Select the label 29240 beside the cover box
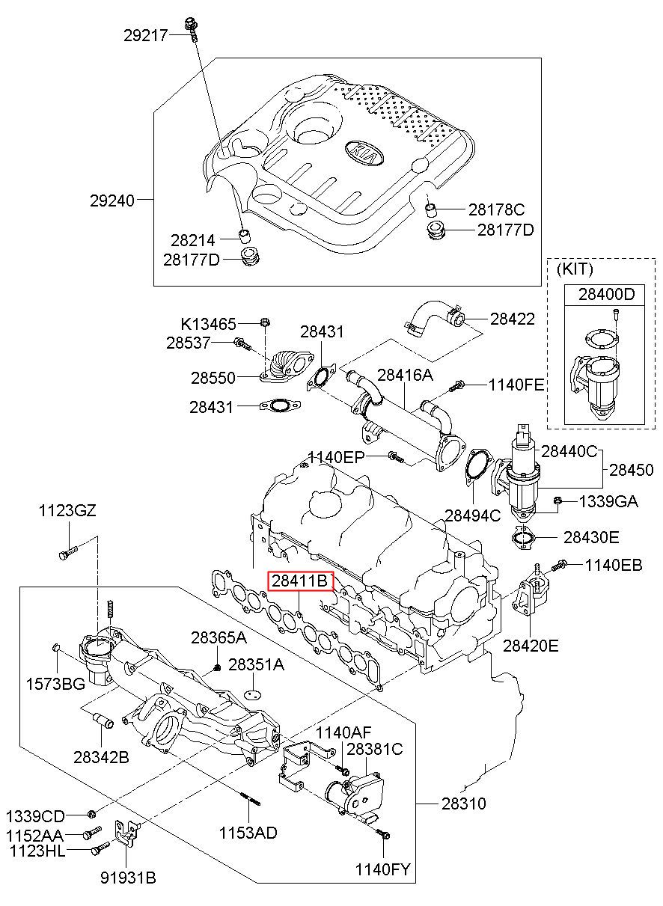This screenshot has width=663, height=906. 112,201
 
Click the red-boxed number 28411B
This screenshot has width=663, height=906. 299,580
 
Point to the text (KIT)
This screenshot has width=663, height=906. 574,269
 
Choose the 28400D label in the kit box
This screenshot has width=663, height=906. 605,295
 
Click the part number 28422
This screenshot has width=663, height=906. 513,319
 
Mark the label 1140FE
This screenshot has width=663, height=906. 516,385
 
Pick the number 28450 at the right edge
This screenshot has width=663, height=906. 631,470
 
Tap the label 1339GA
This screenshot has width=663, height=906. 608,501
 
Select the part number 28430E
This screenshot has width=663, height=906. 591,537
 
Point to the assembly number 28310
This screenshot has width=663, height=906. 463,804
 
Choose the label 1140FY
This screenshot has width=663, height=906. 384,869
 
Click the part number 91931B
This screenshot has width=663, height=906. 128,878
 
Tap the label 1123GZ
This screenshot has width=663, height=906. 68,511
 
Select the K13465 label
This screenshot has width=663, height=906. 208,324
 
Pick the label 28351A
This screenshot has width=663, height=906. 256,664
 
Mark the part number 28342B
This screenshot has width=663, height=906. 101,757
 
